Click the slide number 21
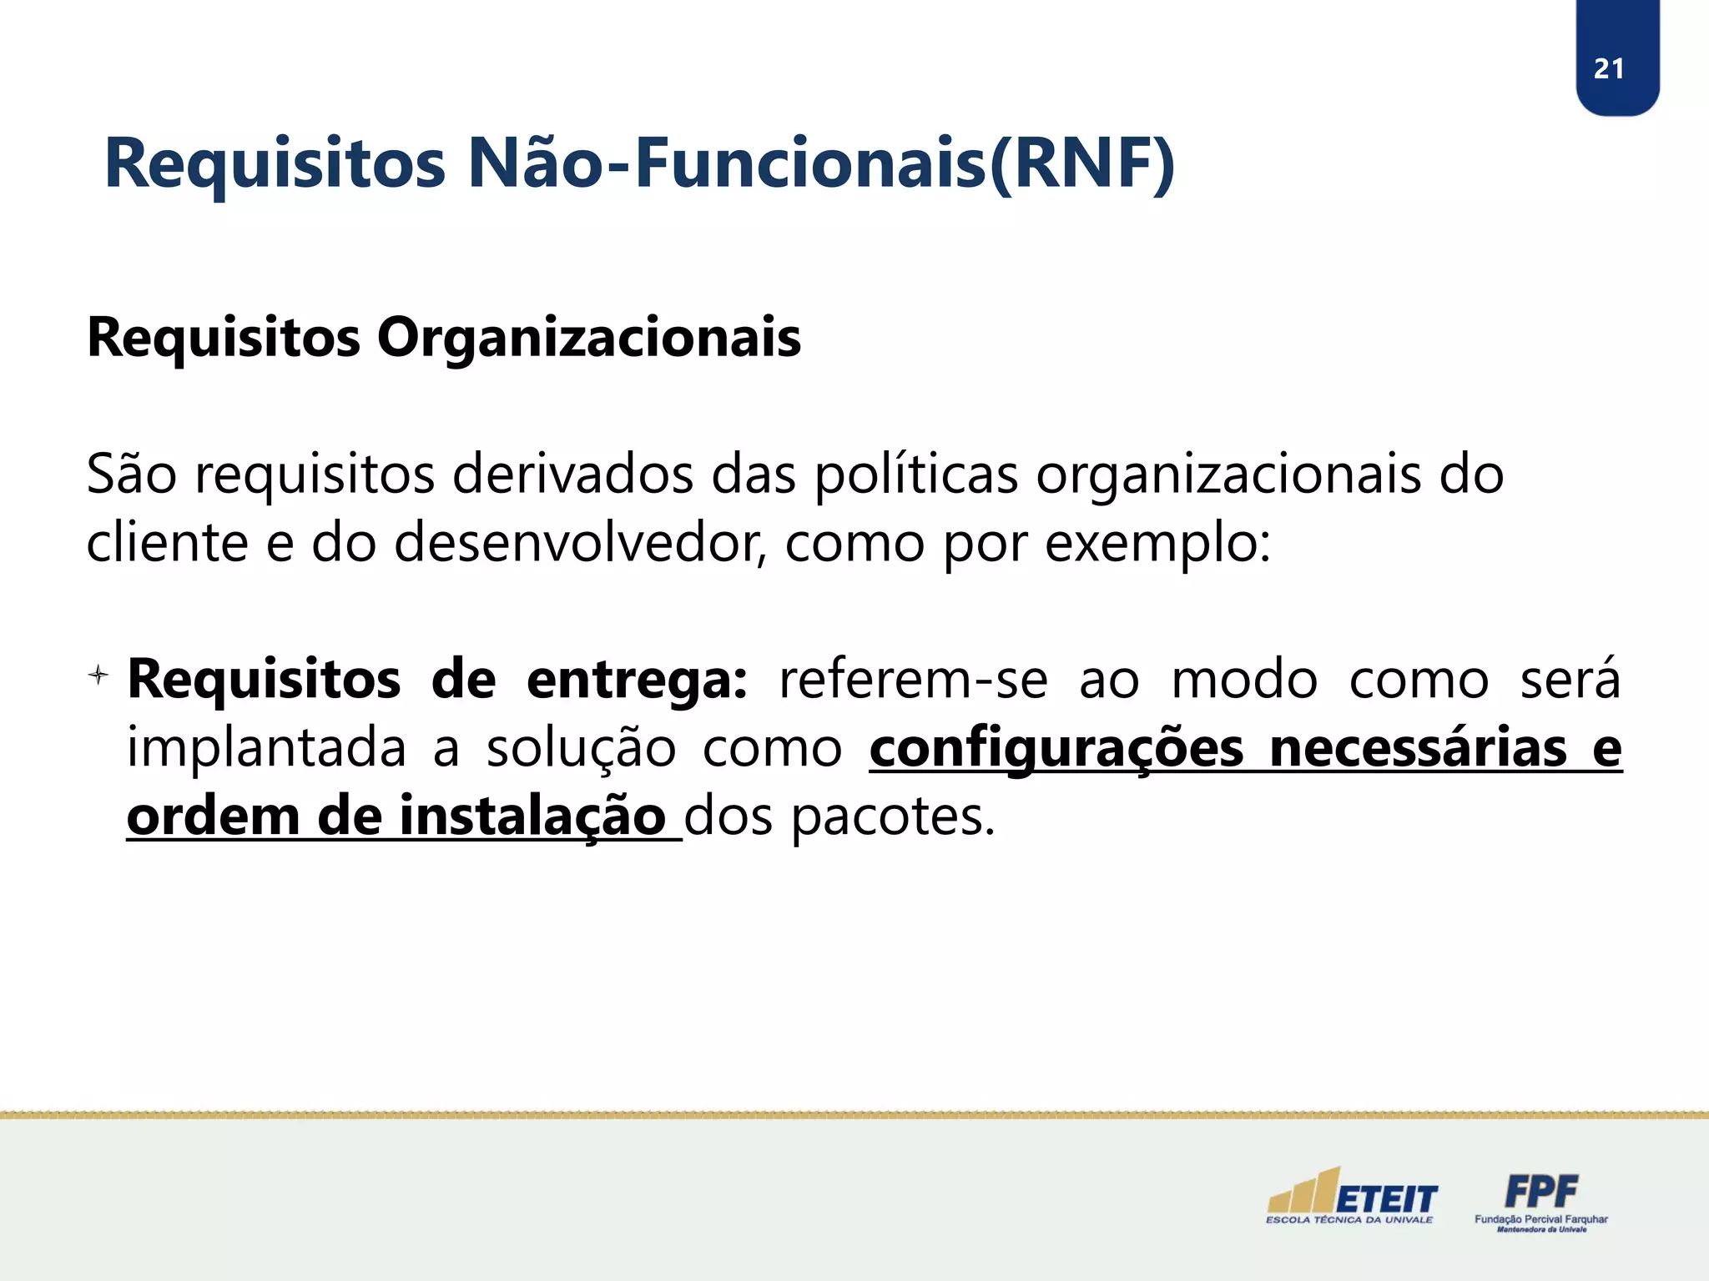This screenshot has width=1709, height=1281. pos(1608,68)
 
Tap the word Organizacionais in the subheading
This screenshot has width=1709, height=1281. pos(588,338)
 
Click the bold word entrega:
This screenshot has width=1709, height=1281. pos(637,680)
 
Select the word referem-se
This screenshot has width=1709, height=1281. pos(913,680)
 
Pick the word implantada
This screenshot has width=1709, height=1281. pos(265,748)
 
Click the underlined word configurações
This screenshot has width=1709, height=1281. pos(1056,748)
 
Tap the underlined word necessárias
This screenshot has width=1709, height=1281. pos(1418,748)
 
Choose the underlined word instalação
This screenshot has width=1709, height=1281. pos(532,816)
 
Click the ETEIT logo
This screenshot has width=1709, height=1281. pos(1352,1193)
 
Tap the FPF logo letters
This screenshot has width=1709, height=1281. pos(1540,1191)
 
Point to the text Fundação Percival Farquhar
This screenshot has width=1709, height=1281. pos(1540,1219)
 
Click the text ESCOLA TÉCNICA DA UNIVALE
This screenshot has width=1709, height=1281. pos(1349,1220)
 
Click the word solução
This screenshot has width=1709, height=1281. pos(581,748)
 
